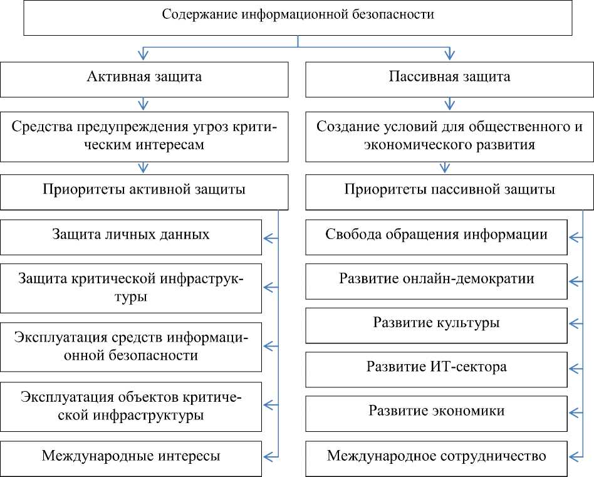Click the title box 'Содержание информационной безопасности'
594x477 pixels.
click(x=298, y=18)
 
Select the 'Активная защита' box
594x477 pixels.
click(x=144, y=79)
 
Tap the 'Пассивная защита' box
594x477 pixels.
click(x=449, y=79)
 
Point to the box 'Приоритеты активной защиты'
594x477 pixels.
click(x=144, y=191)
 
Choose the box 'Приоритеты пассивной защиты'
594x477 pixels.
click(x=449, y=191)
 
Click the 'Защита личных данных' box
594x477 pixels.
click(x=131, y=237)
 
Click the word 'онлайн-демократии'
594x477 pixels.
click(x=472, y=280)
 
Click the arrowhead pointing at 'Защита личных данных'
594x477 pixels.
click(x=268, y=238)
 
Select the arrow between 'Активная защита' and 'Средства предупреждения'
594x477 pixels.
click(x=144, y=102)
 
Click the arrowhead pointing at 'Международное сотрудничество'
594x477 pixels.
click(x=573, y=456)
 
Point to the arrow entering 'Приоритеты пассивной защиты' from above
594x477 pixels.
click(x=445, y=167)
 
